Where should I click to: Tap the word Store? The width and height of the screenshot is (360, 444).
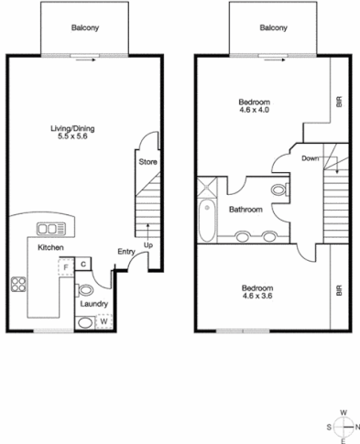(x=148, y=162)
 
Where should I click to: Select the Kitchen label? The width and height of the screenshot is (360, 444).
(x=49, y=248)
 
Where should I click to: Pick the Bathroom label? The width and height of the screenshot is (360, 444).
(x=245, y=210)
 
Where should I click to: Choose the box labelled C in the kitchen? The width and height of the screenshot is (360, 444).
(x=82, y=265)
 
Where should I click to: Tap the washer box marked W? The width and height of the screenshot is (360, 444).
(x=104, y=321)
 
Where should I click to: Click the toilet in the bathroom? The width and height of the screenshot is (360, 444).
(x=278, y=190)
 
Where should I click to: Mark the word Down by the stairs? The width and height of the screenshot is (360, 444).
(x=310, y=157)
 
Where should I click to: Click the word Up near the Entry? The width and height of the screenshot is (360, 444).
(x=147, y=246)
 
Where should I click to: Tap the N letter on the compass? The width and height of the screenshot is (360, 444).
(x=357, y=426)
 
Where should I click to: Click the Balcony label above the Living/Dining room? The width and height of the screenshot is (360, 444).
(x=85, y=27)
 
